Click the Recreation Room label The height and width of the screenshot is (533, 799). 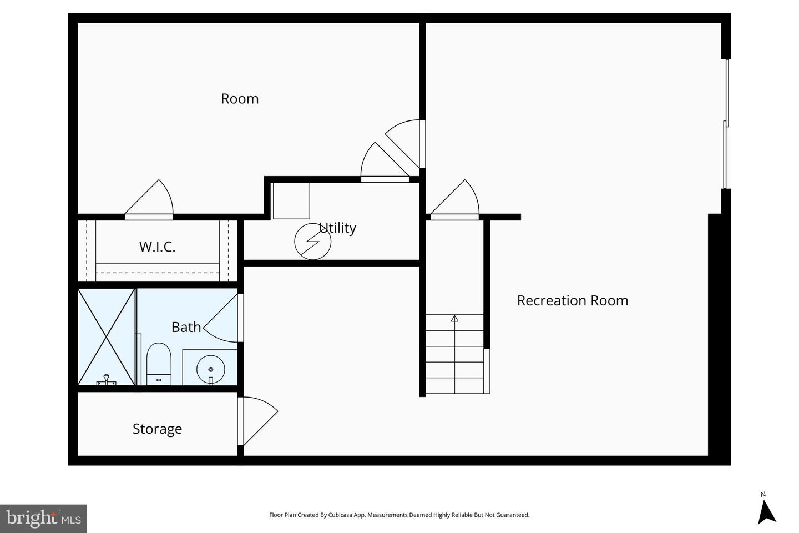coord(572,300)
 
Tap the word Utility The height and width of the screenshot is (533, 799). coord(337,228)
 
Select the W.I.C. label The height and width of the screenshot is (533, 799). coord(157,247)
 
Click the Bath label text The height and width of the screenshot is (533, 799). coord(186,327)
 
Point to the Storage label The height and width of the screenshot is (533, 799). coord(157,429)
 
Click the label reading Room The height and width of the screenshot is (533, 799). coord(240,99)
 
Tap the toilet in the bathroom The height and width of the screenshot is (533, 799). coord(159,363)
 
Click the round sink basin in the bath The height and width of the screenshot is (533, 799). coord(211,368)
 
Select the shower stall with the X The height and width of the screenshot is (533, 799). coord(107,336)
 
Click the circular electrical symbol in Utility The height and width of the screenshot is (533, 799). coord(312,242)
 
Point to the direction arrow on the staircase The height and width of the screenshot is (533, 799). coord(454,319)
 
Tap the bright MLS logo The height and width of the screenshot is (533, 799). coord(43,519)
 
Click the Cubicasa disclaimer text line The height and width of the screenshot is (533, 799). coord(399,515)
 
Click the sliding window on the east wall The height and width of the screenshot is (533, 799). coord(726,124)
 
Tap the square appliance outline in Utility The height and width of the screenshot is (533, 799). coord(291,201)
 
